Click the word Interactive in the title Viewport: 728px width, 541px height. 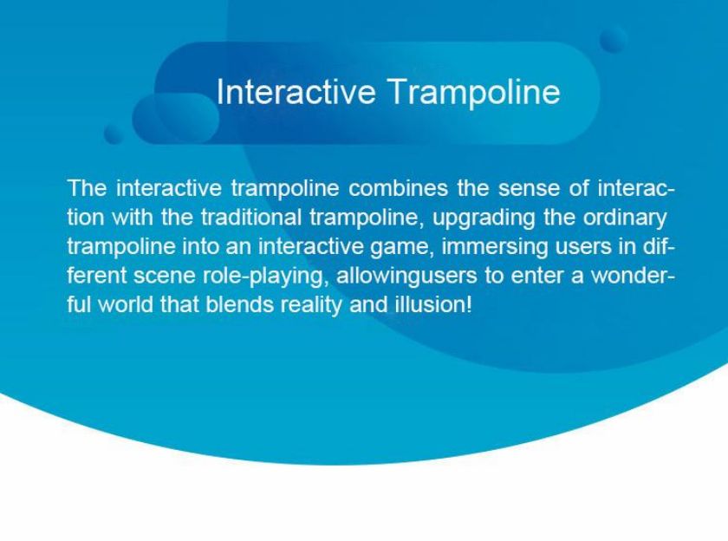point(296,92)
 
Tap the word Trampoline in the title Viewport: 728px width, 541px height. point(474,93)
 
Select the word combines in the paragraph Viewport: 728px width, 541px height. point(398,188)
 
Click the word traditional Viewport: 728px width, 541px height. point(251,218)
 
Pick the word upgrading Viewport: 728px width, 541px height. point(484,218)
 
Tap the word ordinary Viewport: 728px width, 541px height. point(625,218)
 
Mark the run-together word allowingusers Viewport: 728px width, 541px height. point(406,277)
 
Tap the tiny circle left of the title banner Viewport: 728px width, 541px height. point(114,134)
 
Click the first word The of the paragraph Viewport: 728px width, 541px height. point(88,188)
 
